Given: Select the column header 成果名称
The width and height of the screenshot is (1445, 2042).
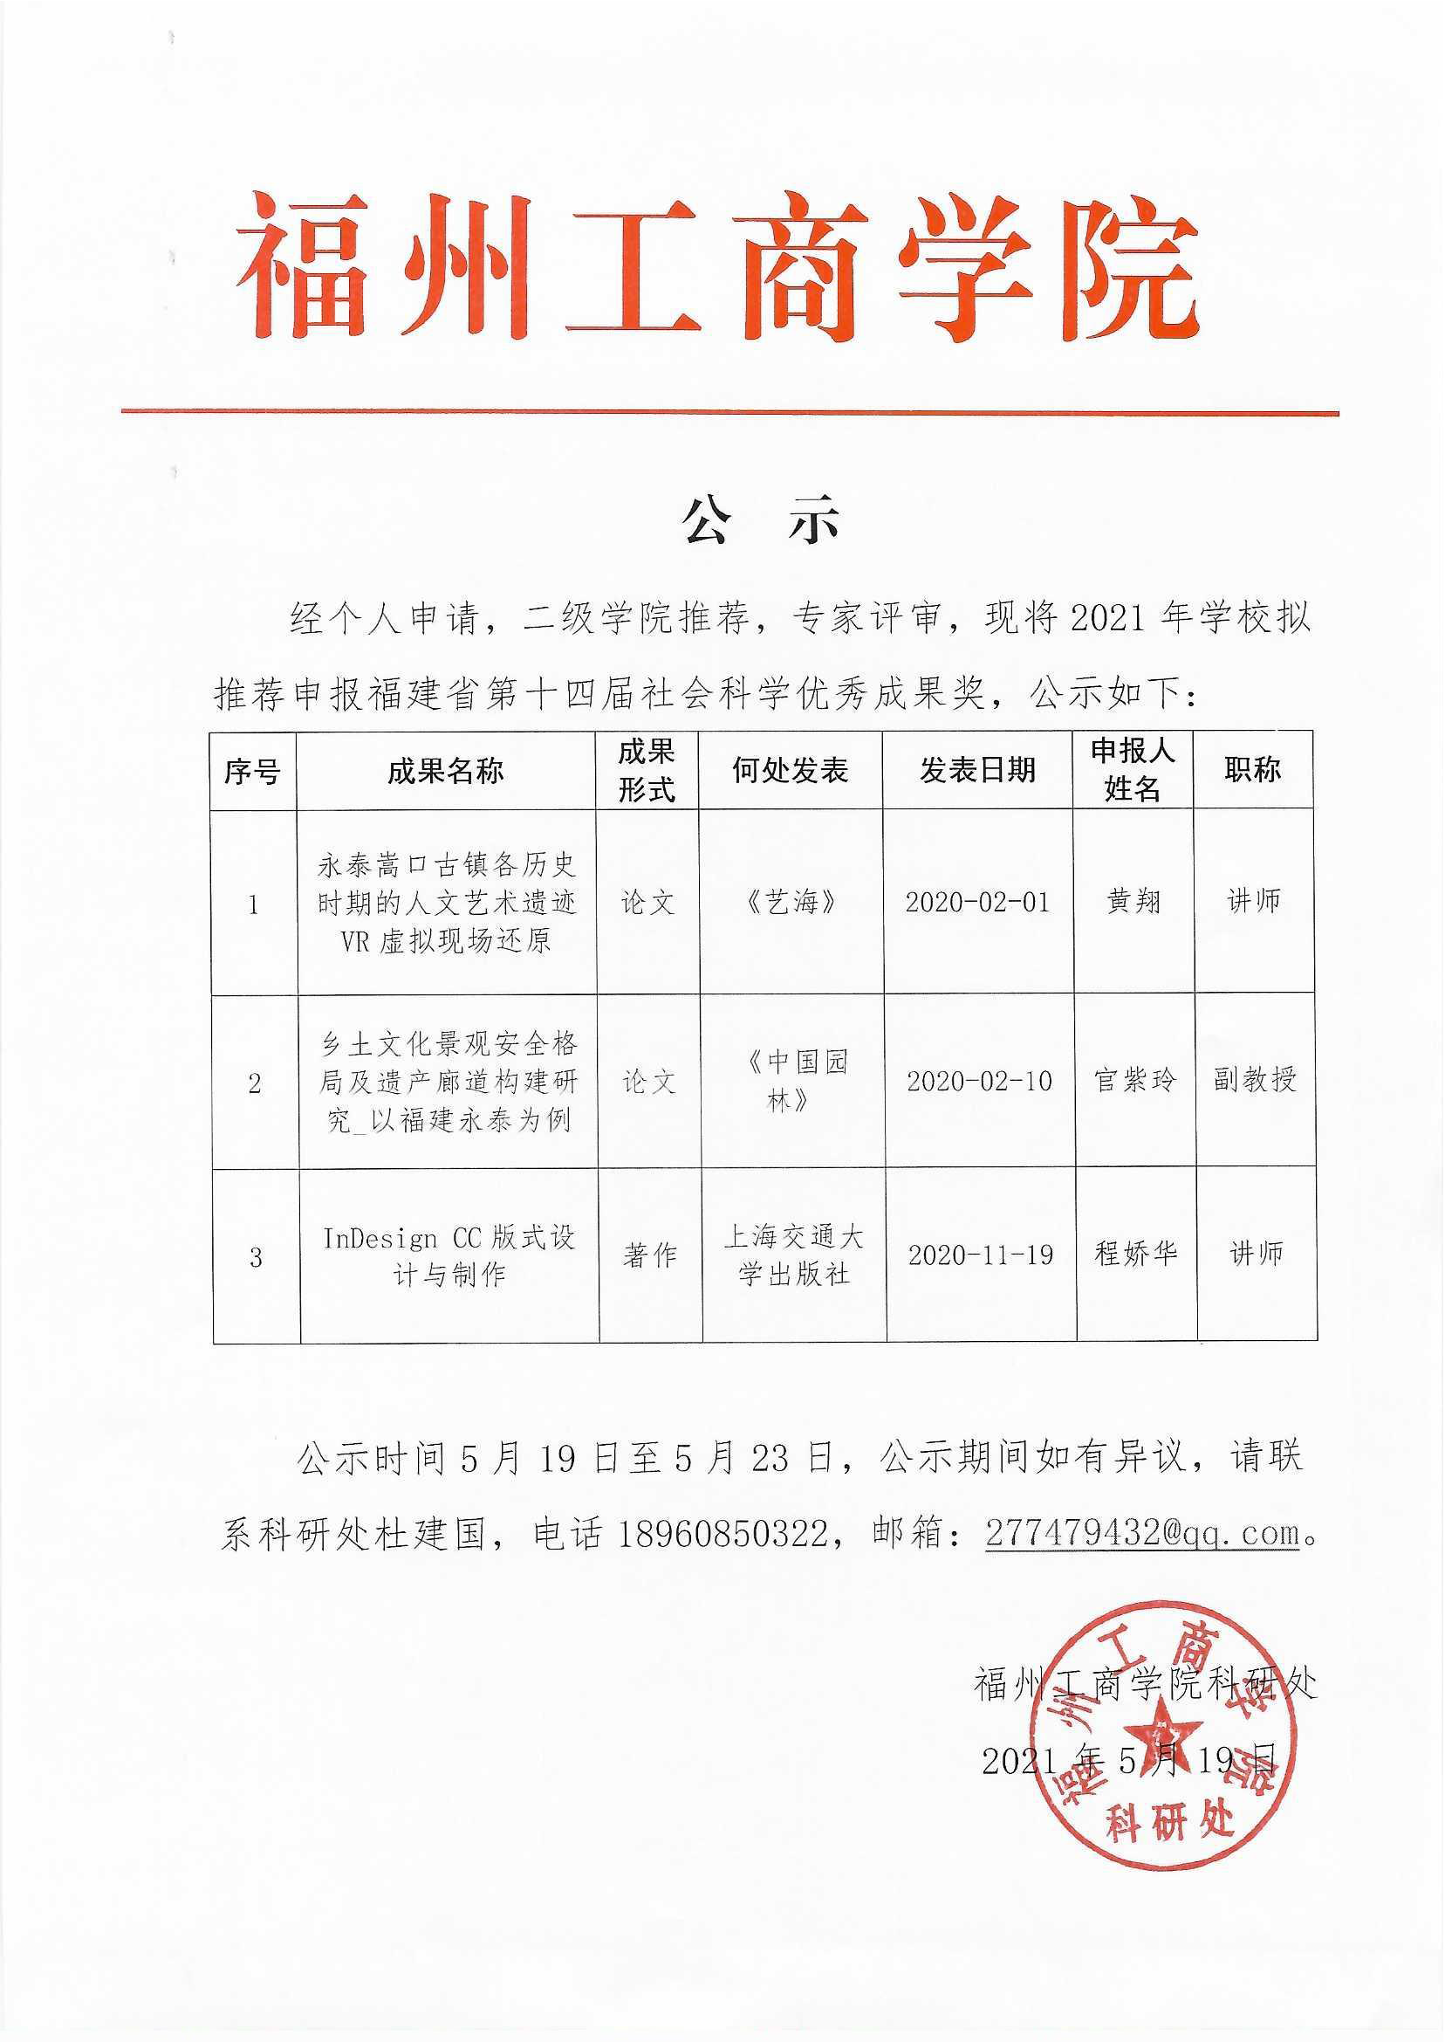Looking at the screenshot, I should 445,771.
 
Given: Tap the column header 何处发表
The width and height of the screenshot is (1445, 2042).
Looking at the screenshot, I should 789,771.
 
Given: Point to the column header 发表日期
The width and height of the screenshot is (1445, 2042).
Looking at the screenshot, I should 977,771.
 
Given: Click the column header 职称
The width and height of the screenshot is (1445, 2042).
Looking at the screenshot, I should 1252,771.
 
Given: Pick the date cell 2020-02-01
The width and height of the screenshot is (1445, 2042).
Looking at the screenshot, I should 977,903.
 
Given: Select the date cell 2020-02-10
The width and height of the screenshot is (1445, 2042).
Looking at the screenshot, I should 979,1082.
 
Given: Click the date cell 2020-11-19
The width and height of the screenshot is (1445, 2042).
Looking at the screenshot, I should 981,1255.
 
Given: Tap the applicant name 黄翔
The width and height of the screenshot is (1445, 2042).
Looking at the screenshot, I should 1133,902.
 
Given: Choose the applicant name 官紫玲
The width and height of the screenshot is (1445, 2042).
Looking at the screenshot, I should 1134,1081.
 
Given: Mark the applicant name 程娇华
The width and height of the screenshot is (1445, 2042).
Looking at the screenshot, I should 1136,1255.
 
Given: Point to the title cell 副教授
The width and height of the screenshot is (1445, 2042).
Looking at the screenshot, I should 1255,1080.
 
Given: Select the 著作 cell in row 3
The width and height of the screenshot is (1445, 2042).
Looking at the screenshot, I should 649,1256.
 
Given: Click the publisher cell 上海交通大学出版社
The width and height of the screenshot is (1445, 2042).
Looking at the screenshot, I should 793,1255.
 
